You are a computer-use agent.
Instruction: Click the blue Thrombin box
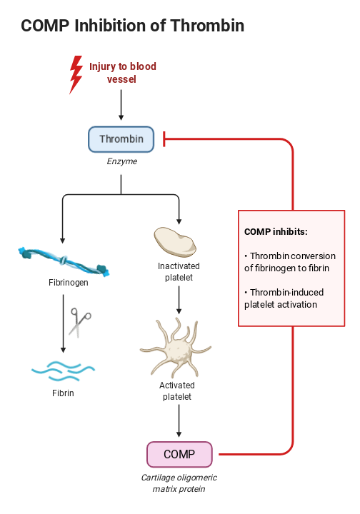pyautogui.click(x=121, y=139)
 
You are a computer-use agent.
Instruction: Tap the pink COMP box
pyautogui.click(x=179, y=454)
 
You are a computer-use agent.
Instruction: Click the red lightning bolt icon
pyautogui.click(x=75, y=75)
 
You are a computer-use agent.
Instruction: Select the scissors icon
pyautogui.click(x=79, y=322)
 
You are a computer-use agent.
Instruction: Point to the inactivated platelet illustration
pyautogui.click(x=174, y=242)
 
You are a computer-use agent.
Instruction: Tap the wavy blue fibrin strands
pyautogui.click(x=63, y=370)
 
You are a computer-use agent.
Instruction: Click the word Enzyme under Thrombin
pyautogui.click(x=121, y=162)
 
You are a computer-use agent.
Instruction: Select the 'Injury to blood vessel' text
pyautogui.click(x=122, y=73)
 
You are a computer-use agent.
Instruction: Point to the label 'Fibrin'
pyautogui.click(x=63, y=393)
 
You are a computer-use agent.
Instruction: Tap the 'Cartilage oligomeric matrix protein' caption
pyautogui.click(x=179, y=483)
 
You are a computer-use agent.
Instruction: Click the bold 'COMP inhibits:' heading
pyautogui.click(x=276, y=232)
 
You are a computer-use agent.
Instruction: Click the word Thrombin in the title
pyautogui.click(x=207, y=26)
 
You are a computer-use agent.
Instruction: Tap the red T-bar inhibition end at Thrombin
pyautogui.click(x=164, y=139)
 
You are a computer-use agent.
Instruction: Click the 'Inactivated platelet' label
pyautogui.click(x=179, y=272)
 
